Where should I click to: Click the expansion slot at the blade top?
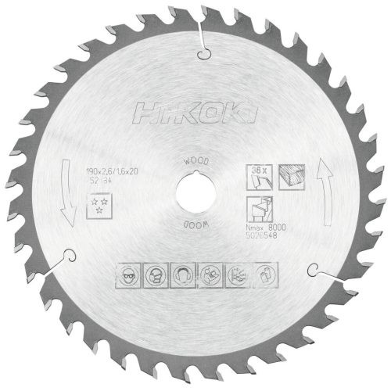(202, 43)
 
